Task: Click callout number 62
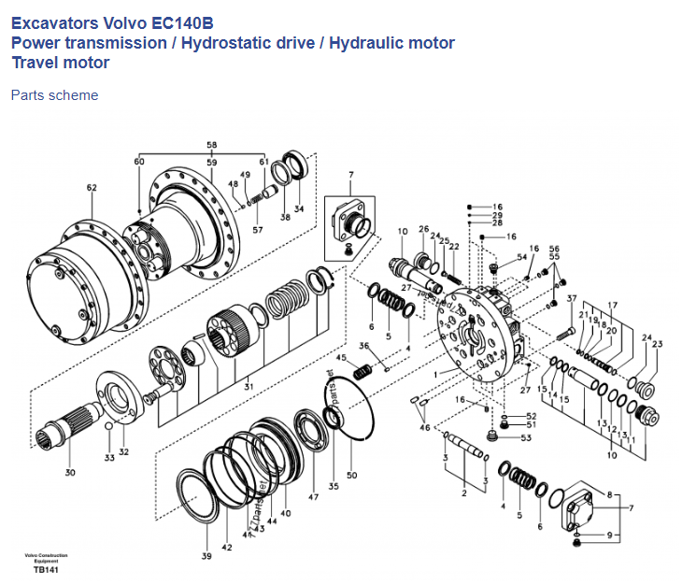92,188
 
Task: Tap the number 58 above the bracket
211,145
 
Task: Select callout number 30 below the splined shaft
70,473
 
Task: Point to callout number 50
351,476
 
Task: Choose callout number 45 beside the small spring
342,358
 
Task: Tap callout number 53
526,437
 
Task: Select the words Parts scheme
54,94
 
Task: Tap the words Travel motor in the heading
60,63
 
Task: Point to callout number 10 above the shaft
403,231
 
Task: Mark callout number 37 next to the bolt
572,299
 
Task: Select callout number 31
248,386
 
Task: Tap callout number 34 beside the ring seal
299,207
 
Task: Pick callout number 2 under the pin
463,493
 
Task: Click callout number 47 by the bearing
314,498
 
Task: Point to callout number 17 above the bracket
613,306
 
